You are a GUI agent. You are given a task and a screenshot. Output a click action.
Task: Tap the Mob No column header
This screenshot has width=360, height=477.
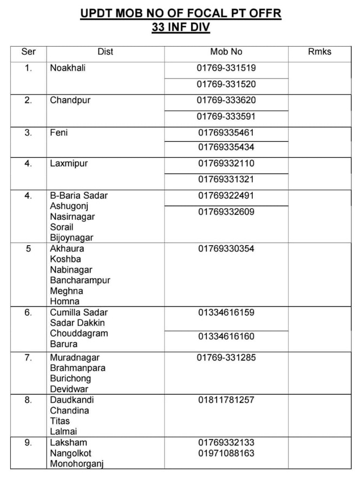click(226, 52)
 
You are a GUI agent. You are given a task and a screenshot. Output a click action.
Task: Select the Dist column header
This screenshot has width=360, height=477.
click(106, 52)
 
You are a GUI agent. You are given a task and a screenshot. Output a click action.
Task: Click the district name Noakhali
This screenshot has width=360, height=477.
click(68, 68)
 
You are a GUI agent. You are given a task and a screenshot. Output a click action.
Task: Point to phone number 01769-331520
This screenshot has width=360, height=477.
click(226, 84)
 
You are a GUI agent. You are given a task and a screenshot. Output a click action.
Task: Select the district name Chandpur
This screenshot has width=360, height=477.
click(70, 100)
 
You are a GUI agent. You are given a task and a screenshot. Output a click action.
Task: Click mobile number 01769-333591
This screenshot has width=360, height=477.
click(226, 116)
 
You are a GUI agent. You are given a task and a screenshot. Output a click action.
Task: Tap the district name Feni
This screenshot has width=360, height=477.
click(59, 132)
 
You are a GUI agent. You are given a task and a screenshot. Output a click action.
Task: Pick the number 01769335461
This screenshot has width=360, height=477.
click(226, 132)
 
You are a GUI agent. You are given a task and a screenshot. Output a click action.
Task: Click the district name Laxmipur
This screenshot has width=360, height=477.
click(69, 164)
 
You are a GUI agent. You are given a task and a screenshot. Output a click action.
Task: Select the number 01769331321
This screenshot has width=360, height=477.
click(226, 179)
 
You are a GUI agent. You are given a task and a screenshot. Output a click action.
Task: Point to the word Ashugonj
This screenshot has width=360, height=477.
click(69, 206)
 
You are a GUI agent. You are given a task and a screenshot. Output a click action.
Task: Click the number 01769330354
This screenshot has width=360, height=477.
click(226, 249)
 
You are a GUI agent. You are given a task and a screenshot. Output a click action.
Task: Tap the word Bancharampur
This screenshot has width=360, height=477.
click(80, 280)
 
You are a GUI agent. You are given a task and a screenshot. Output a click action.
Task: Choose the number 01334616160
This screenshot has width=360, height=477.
click(226, 336)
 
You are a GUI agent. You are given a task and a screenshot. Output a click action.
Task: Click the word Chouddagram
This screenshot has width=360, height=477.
click(79, 334)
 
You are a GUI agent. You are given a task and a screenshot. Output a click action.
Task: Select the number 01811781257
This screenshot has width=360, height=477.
click(226, 400)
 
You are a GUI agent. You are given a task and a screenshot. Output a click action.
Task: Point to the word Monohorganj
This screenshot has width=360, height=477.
click(77, 464)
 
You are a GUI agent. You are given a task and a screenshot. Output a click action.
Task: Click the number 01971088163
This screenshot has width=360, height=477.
click(226, 453)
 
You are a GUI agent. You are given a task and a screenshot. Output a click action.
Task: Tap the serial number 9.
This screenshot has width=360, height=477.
click(28, 443)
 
